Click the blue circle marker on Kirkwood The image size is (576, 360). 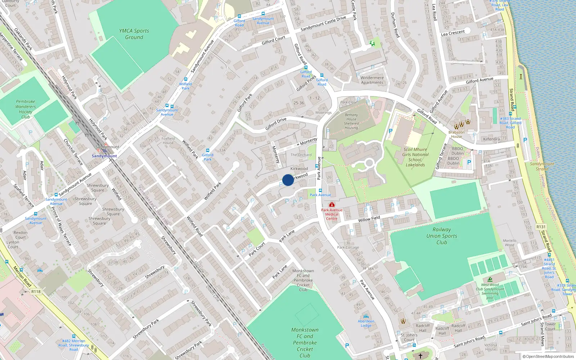[288, 180]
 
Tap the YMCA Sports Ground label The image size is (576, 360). [134, 34]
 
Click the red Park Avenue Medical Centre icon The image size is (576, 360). [332, 204]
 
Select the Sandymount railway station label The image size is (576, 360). [104, 156]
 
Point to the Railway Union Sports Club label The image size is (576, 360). [442, 236]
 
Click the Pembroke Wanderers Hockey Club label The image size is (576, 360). [26, 109]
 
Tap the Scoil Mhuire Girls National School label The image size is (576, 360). [415, 157]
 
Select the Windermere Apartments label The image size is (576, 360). [372, 80]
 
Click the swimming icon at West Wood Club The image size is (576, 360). [490, 280]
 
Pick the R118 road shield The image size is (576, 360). [36, 292]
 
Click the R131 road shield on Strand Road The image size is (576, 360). [541, 227]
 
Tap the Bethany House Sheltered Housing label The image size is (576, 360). [351, 121]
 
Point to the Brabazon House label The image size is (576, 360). [456, 134]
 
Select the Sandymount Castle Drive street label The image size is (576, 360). [323, 23]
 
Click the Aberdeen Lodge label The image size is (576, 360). [366, 323]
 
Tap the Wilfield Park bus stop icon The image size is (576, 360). [186, 79]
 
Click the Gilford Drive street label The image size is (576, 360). [276, 123]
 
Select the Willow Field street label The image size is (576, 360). [369, 219]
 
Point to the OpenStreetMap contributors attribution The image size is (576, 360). [548, 356]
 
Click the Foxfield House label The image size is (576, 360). [168, 140]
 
